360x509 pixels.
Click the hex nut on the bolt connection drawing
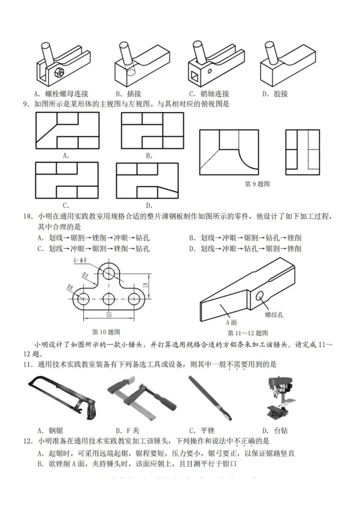pos(59,72)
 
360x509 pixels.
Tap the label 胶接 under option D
pos(280,94)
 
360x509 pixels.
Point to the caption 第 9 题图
pos(257,184)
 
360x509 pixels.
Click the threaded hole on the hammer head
pos(260,295)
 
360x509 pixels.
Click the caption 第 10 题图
pos(106,332)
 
